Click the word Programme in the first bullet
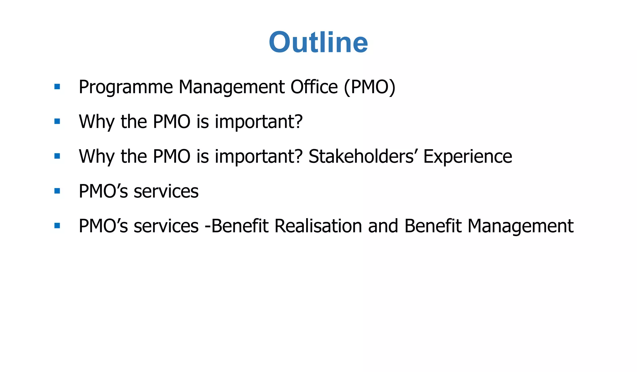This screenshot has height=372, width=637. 126,87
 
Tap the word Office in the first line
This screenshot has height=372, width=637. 314,87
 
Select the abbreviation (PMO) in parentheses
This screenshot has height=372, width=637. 370,87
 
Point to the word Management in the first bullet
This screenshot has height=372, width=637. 231,88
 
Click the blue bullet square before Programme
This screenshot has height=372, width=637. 57,87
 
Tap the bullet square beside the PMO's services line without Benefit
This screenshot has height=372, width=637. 57,191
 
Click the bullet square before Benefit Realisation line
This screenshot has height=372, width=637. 57,226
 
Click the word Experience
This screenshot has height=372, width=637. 467,156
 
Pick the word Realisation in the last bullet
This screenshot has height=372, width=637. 318,226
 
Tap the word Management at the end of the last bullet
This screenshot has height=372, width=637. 520,227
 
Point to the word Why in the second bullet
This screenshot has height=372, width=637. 97,122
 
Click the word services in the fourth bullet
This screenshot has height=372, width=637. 166,191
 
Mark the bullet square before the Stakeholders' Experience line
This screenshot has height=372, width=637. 57,156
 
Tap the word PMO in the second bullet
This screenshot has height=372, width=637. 171,122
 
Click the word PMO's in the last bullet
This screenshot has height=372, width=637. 103,226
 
